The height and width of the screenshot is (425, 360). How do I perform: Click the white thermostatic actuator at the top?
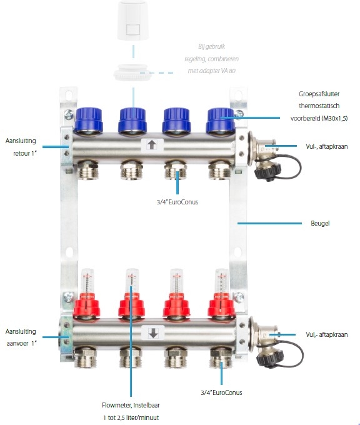(133, 20)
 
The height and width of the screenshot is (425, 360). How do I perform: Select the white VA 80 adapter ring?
(131, 72)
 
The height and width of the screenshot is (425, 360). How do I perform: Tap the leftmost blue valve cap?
(88, 119)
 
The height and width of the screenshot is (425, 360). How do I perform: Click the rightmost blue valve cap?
(220, 120)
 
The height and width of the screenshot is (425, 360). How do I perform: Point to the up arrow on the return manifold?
(152, 145)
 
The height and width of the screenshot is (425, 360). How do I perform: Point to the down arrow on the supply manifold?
(153, 332)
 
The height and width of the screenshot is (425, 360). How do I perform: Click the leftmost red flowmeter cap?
(87, 305)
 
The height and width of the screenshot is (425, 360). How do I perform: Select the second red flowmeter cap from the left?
(131, 305)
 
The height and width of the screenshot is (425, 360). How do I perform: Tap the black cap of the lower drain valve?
(270, 358)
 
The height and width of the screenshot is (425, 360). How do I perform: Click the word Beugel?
(320, 223)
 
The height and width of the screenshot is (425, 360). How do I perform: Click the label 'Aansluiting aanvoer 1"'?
(21, 337)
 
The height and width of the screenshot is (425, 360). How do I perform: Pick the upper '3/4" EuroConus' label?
(177, 202)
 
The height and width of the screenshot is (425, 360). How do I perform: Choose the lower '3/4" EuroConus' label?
(221, 392)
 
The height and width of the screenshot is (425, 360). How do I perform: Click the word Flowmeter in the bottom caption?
(116, 405)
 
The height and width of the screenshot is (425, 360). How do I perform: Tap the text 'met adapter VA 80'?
(212, 71)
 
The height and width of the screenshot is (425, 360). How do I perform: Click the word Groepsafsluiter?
(319, 94)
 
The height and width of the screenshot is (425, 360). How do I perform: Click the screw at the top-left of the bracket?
(69, 114)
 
